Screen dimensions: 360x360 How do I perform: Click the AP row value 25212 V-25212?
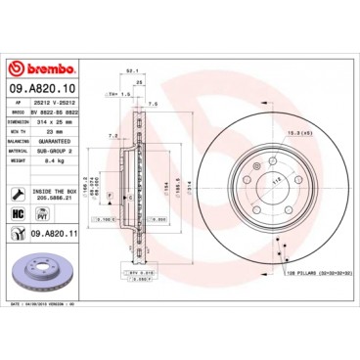click(57, 101)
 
